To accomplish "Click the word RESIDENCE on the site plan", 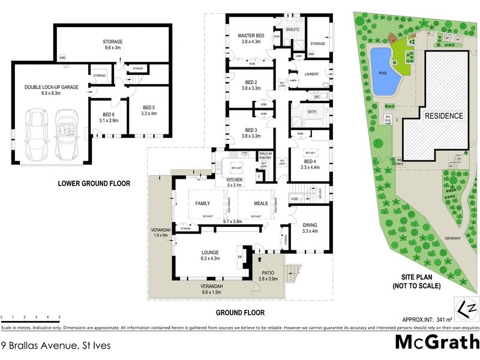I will click(444, 116).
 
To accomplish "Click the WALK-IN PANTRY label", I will click(265, 157).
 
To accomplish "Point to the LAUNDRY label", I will click(311, 74).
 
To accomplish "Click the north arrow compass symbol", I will click(467, 307).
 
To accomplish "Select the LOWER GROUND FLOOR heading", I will click(94, 183).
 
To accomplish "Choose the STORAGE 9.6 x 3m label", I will click(112, 44).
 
